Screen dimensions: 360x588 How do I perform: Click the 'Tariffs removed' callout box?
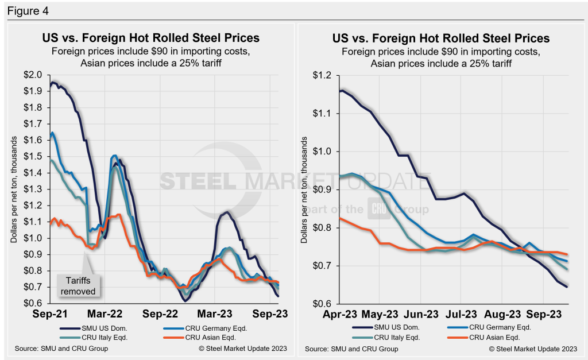click(79, 285)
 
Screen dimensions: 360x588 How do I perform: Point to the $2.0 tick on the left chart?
click(33, 75)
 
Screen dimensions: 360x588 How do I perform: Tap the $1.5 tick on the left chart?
click(33, 156)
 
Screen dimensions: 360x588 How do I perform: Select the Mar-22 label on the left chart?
click(109, 315)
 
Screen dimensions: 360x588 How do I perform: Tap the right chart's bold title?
click(440, 39)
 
